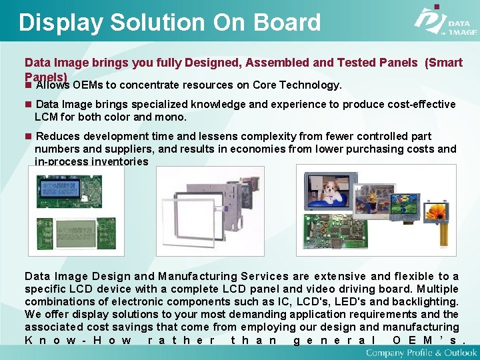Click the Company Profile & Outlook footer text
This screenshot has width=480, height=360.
click(421, 352)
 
